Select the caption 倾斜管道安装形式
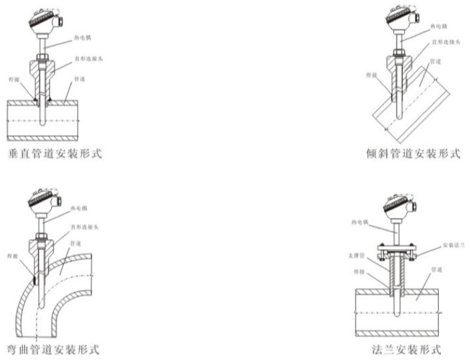(413, 154)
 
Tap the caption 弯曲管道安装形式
(55, 350)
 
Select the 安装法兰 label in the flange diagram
(450, 246)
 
